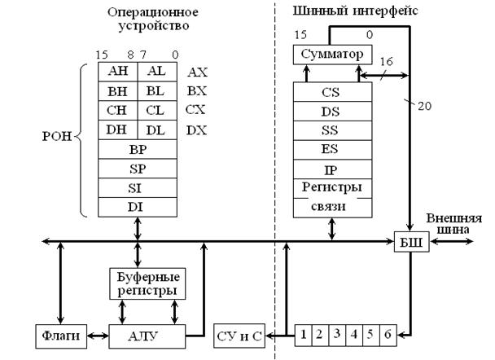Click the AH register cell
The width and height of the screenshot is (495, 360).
click(x=117, y=72)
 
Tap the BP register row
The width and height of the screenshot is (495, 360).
click(x=137, y=150)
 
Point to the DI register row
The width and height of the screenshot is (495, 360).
click(x=137, y=208)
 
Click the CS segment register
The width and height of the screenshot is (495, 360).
click(x=331, y=92)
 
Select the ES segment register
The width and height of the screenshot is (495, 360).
click(x=331, y=149)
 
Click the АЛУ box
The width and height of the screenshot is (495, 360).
click(x=147, y=335)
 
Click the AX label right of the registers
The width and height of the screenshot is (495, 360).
click(x=196, y=72)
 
